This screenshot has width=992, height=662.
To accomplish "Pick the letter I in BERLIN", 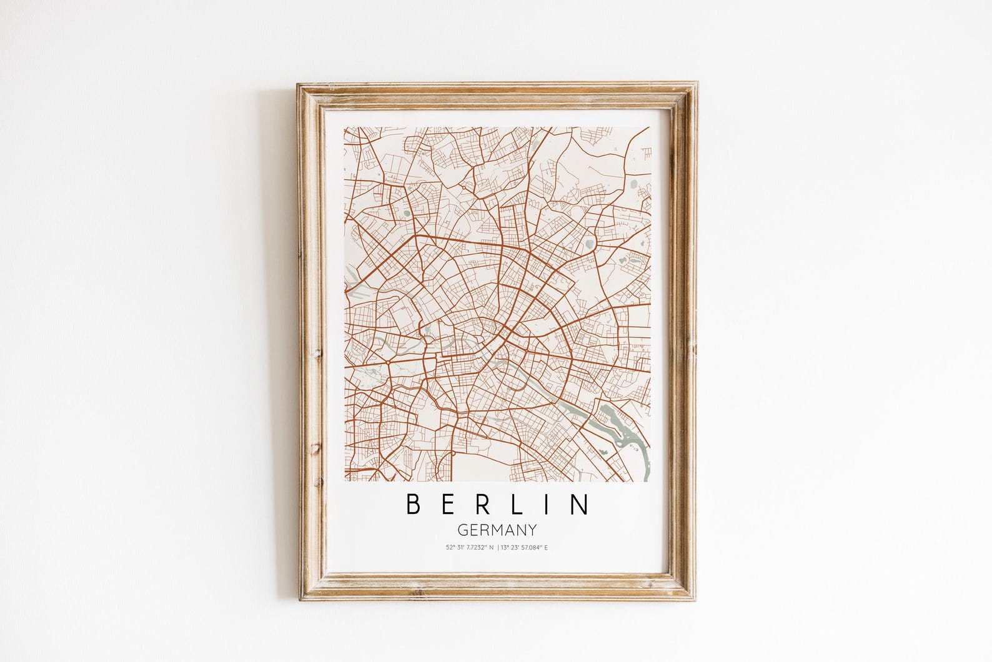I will tap(546, 505).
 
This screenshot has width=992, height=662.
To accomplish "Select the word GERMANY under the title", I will tap(497, 530).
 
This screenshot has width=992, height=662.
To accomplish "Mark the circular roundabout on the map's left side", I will tap(390, 362).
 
